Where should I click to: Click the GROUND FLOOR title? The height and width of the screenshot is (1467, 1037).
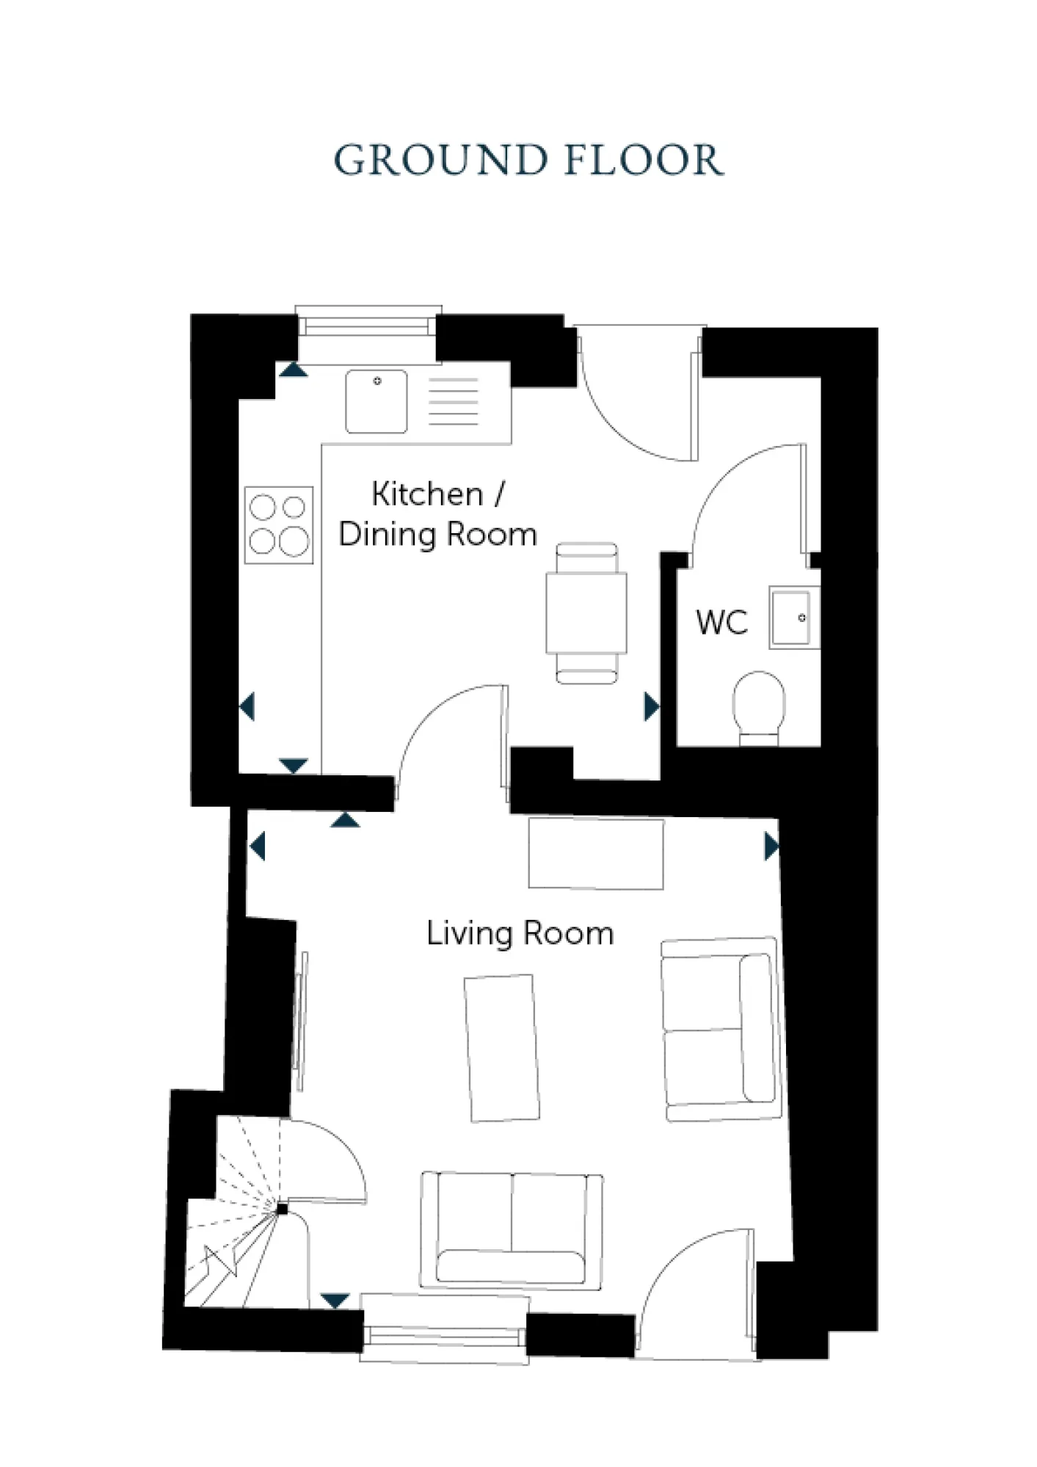click(528, 160)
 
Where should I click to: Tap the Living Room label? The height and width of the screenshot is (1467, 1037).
click(520, 934)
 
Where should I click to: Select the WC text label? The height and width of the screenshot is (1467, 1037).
click(721, 623)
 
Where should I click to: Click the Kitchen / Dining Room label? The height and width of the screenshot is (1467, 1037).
click(437, 513)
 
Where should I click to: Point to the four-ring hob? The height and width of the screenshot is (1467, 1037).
click(279, 525)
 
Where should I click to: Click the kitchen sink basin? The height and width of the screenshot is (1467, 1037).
click(376, 401)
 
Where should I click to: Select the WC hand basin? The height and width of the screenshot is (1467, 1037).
click(793, 617)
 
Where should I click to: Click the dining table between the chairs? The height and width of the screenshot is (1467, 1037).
click(586, 613)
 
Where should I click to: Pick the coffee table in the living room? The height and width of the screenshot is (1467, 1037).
click(501, 1047)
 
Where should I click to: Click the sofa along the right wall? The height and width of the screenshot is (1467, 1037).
click(721, 1028)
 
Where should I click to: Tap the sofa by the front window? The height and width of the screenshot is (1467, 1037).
click(512, 1230)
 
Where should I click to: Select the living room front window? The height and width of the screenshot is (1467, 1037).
click(445, 1336)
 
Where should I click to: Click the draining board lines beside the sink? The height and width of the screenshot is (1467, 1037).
click(454, 401)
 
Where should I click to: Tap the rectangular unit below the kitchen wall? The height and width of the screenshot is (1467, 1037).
click(596, 854)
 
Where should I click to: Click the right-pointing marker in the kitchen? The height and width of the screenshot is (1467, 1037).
click(651, 707)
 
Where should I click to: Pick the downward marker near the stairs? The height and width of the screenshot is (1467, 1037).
click(335, 1301)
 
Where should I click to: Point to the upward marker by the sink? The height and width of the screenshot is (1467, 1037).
click(293, 370)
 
